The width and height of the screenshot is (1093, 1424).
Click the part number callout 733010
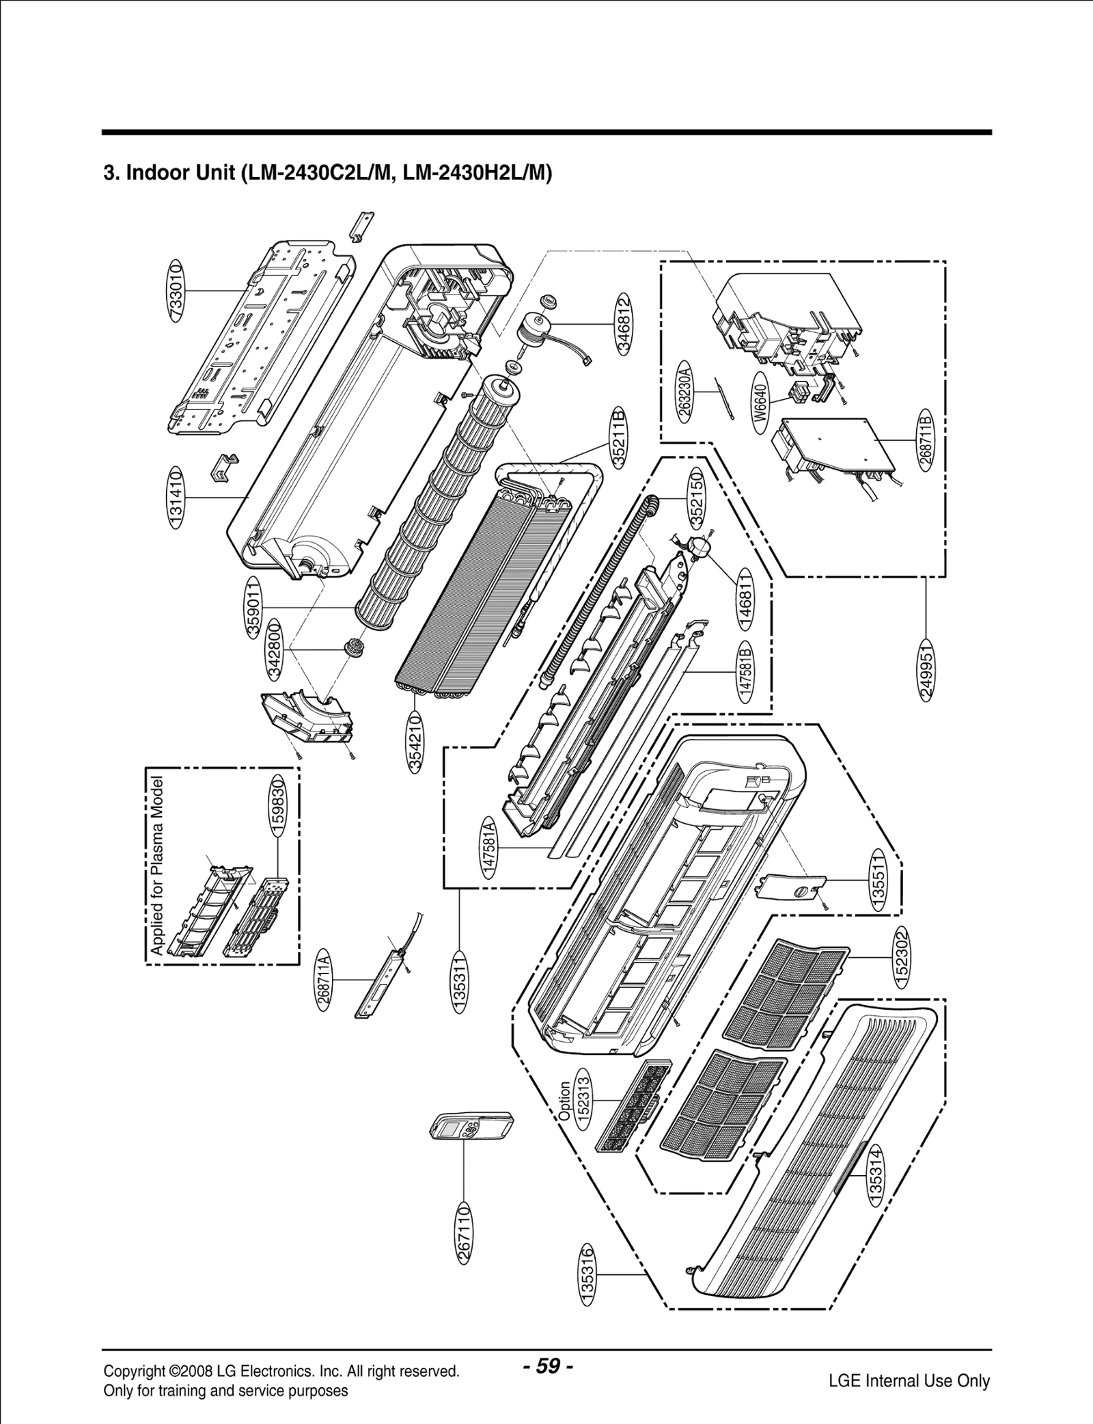176,291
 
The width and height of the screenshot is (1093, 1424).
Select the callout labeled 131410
176,498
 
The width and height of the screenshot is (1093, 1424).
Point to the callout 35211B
619,438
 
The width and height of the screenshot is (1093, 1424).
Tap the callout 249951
926,670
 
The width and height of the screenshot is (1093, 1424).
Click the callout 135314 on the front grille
876,1176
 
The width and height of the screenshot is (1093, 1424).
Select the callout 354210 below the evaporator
415,741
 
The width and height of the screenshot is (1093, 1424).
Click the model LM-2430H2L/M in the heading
477,173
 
